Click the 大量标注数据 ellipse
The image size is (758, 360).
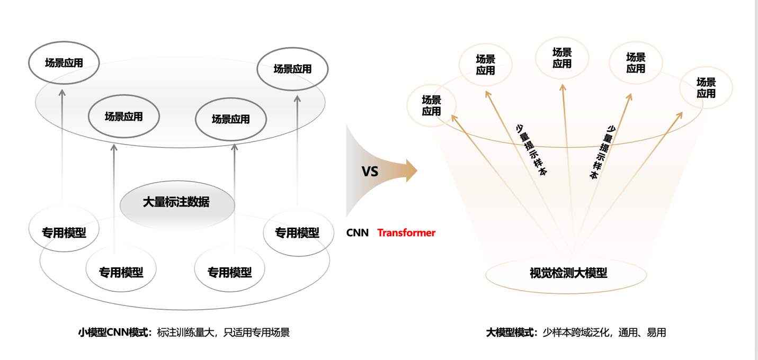coord(176,202)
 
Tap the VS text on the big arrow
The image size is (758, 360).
coord(370,172)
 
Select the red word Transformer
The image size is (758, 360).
coord(406,233)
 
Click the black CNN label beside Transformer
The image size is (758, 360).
coord(358,233)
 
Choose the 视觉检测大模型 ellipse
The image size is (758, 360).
coord(566,274)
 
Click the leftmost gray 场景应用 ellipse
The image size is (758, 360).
coord(64,63)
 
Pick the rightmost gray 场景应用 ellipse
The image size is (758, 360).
coord(292,69)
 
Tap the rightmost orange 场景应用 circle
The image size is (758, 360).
coord(706,88)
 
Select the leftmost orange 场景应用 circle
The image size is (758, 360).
coord(431,105)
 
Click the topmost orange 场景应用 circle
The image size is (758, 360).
coord(562,58)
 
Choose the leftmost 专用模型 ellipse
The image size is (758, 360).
coord(64,232)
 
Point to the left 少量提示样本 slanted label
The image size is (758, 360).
coord(531,150)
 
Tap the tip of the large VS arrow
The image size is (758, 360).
coord(416,170)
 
